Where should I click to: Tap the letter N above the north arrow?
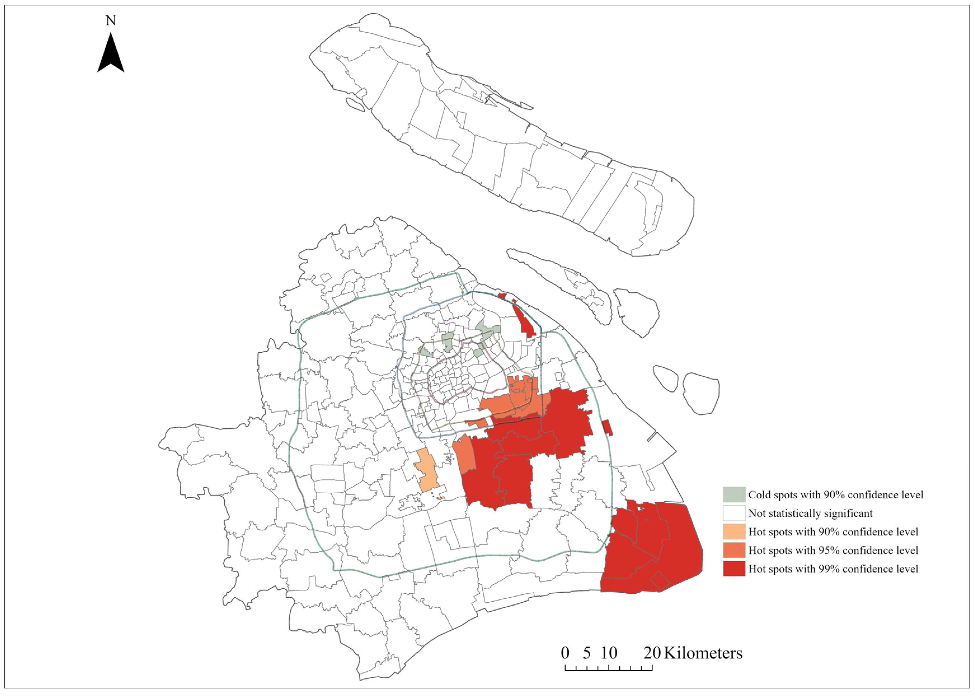click(x=111, y=20)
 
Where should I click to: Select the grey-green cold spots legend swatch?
click(x=734, y=495)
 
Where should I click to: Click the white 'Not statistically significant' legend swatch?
click(x=734, y=513)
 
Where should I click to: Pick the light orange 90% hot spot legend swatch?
click(x=734, y=531)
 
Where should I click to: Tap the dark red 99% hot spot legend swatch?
click(x=734, y=569)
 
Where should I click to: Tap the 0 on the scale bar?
click(x=565, y=653)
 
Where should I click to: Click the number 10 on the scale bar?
click(x=609, y=653)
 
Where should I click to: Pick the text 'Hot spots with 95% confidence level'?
click(x=833, y=550)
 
